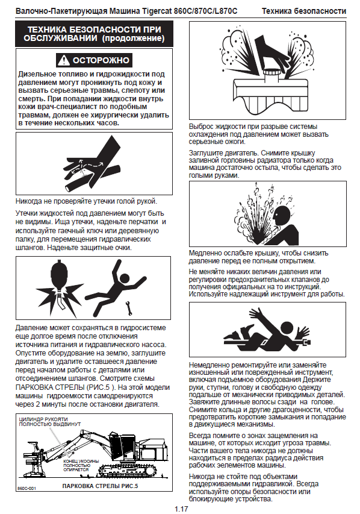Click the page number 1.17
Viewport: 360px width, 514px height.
[181, 509]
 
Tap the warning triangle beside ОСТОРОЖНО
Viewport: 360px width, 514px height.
[64, 60]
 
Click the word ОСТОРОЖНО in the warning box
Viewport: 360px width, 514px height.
[101, 60]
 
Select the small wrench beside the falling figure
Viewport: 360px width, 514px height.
[129, 307]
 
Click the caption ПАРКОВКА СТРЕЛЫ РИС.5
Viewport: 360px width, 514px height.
[101, 486]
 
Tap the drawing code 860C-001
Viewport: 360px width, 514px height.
[26, 489]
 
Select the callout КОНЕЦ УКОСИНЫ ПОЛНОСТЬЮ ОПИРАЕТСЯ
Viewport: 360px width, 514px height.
[81, 465]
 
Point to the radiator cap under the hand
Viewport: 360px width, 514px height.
[271, 75]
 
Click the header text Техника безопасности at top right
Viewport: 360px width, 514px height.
[303, 11]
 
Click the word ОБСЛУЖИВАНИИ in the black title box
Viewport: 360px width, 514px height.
[61, 39]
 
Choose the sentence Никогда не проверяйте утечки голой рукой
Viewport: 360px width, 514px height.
[87, 201]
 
